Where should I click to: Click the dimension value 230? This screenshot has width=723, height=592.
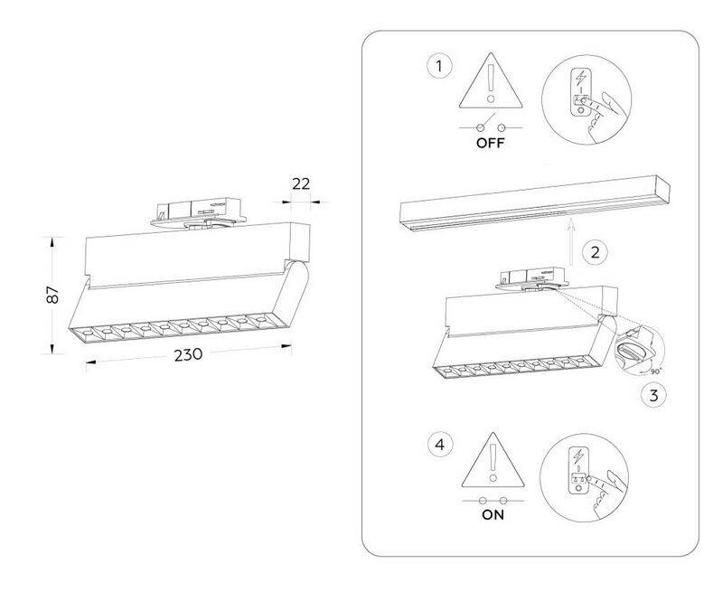point(188,354)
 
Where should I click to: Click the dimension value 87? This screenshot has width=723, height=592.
point(52,295)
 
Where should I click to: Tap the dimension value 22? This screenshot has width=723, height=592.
point(301,184)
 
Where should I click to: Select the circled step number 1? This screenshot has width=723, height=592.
point(439,66)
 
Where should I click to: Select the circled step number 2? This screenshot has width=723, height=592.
point(595,252)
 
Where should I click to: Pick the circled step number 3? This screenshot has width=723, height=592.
point(653,395)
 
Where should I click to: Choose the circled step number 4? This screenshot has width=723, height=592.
point(440,446)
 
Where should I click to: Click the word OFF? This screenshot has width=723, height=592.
point(491,143)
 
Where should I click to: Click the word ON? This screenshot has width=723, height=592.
point(493,514)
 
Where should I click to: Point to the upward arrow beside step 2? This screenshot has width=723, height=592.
point(570,242)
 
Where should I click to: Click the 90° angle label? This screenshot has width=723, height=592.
point(656,371)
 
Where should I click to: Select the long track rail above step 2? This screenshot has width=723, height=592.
point(535,203)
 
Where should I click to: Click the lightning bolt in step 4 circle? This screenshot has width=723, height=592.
point(578,456)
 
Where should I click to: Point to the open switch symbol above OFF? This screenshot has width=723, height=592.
point(491,125)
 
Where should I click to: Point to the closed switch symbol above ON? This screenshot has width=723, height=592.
point(493,500)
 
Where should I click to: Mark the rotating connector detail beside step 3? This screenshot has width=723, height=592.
point(639,348)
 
